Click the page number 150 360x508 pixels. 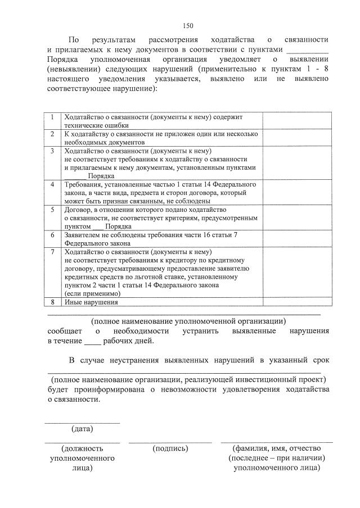tap(188, 25)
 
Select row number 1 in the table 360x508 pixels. tap(52, 117)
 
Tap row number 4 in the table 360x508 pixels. tap(52, 184)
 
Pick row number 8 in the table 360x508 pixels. tap(52, 302)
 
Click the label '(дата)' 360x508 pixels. tap(82, 429)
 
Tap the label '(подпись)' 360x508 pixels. tap(170, 448)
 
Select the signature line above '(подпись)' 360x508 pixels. tap(170, 442)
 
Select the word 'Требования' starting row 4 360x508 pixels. tap(83, 184)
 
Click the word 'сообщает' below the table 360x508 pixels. tap(64, 331)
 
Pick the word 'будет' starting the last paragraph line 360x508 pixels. tap(57, 390)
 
